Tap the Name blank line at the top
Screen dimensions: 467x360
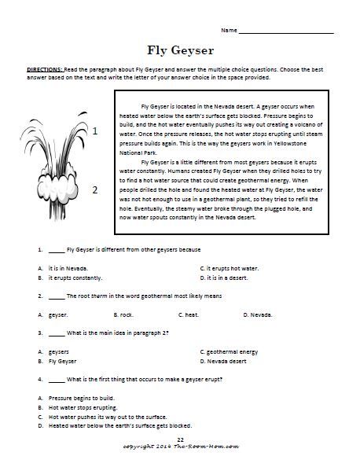point(285,31)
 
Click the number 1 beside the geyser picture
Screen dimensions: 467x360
point(95,132)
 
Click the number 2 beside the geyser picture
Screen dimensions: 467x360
point(95,189)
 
